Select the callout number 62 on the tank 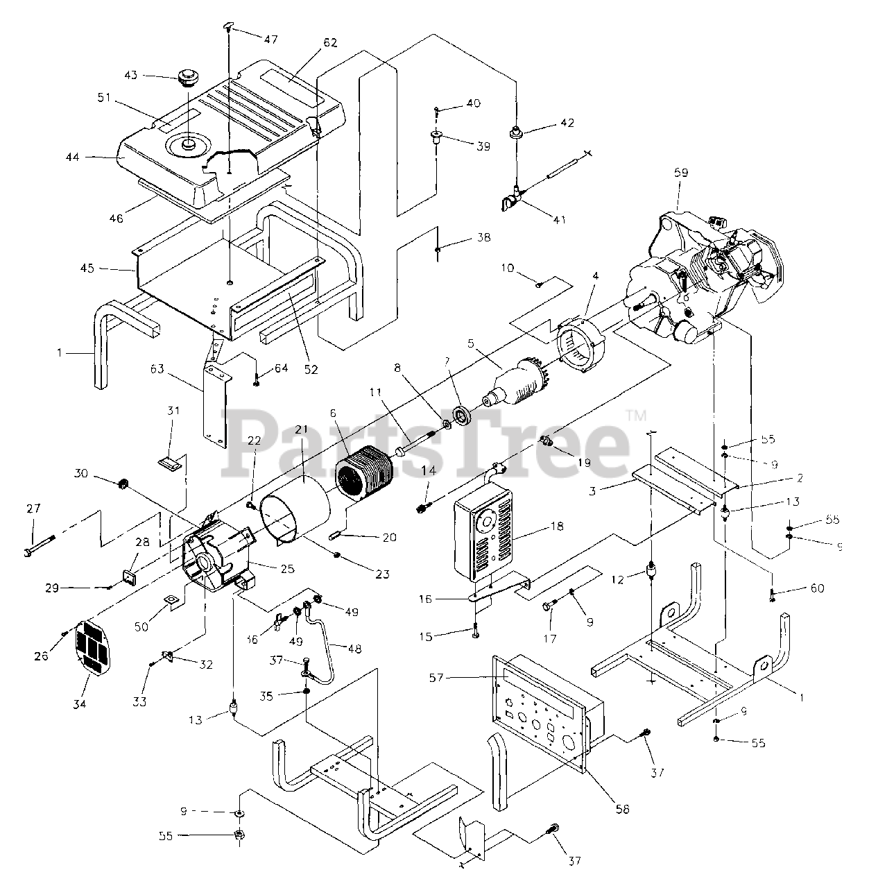(x=329, y=43)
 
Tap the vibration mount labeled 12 (x=651, y=572)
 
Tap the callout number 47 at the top (x=270, y=40)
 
